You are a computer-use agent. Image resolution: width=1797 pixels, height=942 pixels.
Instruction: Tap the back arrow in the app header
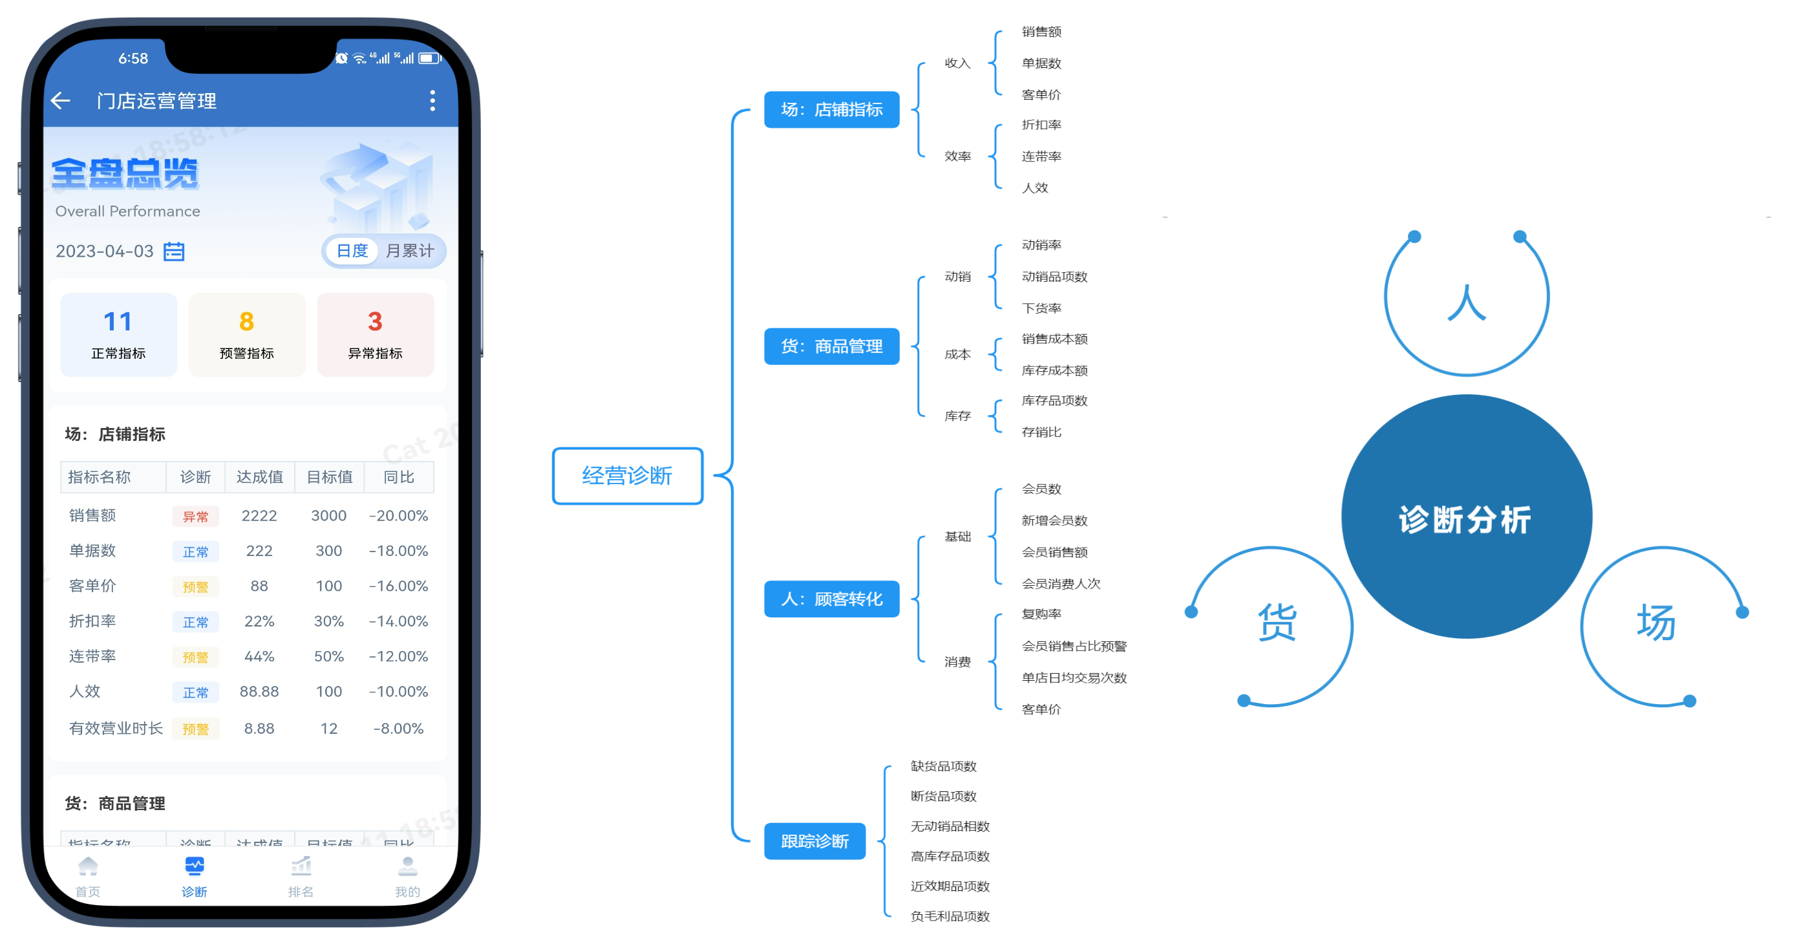coord(61,101)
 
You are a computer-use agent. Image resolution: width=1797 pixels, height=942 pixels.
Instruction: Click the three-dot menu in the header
coord(432,101)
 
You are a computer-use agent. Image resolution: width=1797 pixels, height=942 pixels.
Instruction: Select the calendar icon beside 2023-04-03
coord(174,252)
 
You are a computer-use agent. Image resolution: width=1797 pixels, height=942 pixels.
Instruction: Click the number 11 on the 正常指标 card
coord(118,322)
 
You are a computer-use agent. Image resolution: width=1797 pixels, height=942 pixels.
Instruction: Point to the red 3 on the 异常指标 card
coord(375,322)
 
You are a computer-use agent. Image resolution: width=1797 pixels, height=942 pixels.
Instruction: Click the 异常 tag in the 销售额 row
coord(195,517)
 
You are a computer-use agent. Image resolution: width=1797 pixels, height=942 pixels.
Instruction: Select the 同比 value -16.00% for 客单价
coord(398,586)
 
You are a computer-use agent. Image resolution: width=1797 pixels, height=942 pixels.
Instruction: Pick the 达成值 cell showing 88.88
coord(259,692)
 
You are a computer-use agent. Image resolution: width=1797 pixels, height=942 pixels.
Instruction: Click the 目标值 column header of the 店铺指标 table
coord(329,477)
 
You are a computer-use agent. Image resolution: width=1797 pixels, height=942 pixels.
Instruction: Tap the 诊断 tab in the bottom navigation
coord(194,875)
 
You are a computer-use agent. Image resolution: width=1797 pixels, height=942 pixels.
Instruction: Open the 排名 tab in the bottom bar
coord(301,875)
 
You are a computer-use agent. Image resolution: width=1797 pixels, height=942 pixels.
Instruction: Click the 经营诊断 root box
coord(627,476)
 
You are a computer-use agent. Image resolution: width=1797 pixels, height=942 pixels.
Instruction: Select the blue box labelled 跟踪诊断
coord(814,842)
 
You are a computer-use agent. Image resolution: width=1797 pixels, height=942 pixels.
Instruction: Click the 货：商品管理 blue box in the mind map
coord(831,346)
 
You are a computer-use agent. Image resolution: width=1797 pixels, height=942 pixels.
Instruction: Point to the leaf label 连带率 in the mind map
coord(1041,156)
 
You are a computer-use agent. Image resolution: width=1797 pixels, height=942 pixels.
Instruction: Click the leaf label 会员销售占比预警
coord(1074,646)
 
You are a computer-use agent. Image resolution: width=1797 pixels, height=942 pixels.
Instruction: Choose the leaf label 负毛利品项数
coord(950,916)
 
